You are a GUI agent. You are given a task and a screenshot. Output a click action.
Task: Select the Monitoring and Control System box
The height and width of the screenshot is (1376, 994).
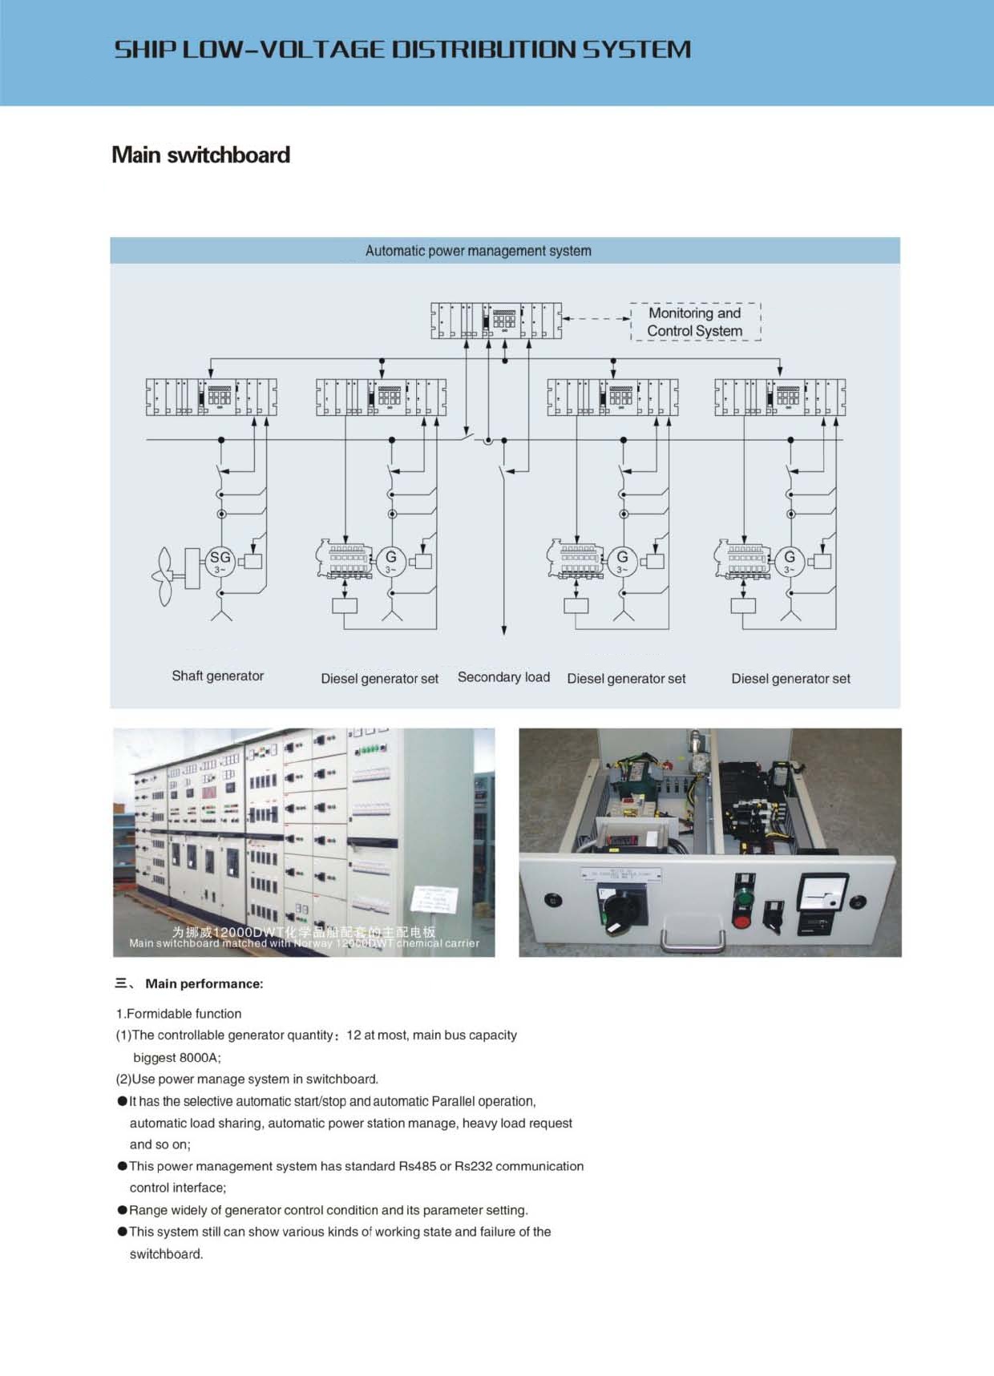point(695,322)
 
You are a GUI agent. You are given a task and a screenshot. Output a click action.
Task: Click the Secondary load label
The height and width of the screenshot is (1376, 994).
point(503,677)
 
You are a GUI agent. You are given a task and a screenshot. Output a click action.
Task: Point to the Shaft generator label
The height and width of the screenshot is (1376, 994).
point(217,676)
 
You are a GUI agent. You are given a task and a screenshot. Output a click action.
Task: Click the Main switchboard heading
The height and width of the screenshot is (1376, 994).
point(200,155)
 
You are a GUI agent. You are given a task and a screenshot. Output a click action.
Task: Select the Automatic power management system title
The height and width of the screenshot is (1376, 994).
point(478,251)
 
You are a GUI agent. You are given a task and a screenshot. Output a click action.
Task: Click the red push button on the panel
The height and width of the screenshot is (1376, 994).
point(742,920)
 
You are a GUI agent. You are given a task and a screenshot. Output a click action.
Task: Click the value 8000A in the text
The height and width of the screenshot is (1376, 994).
point(199,1057)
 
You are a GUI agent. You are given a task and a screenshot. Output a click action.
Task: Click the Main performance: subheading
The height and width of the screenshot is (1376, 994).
point(204,983)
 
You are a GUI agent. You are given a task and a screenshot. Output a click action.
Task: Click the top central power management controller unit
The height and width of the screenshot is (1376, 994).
point(496,321)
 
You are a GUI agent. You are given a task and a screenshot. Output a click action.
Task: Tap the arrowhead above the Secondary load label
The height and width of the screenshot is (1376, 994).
point(503,630)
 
